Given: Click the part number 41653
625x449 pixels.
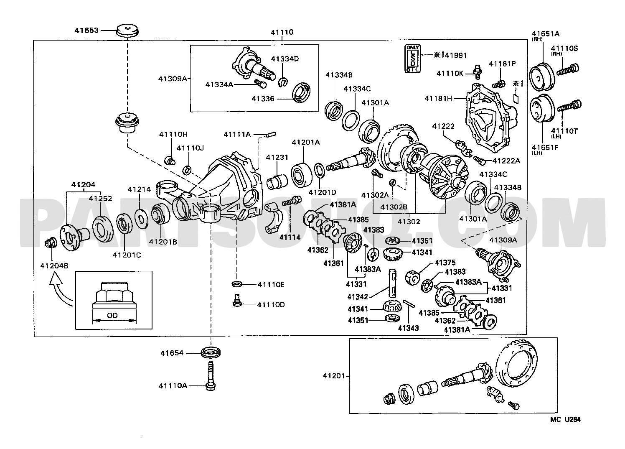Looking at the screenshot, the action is (x=86, y=30).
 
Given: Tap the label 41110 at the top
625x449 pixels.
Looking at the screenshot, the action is (x=282, y=32).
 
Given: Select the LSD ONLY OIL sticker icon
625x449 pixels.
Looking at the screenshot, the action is (x=412, y=59).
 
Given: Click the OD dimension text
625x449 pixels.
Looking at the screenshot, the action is (x=112, y=315).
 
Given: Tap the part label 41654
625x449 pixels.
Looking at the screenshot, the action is (x=172, y=353).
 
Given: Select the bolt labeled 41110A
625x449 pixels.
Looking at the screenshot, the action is (x=211, y=375).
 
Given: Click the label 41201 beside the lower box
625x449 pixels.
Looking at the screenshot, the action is (x=334, y=376).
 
